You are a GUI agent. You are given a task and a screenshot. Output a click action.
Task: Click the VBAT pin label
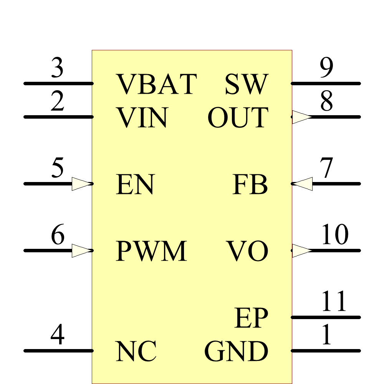click(x=156, y=84)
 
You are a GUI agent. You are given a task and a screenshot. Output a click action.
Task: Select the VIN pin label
click(x=142, y=118)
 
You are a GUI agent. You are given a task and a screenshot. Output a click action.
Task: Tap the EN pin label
click(x=135, y=185)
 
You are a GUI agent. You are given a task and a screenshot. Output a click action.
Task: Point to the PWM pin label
click(x=151, y=251)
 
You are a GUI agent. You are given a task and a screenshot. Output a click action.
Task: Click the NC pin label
click(x=136, y=351)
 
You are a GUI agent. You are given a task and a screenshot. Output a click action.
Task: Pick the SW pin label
click(x=246, y=84)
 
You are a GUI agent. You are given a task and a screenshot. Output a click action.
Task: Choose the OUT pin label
click(x=238, y=118)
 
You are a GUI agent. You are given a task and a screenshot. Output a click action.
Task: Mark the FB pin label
click(x=250, y=185)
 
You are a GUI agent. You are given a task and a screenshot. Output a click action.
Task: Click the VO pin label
click(x=247, y=251)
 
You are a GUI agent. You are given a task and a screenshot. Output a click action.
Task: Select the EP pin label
click(x=251, y=318)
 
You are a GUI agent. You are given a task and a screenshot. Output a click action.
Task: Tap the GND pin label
click(x=236, y=351)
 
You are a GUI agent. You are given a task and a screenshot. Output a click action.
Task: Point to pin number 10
click(x=334, y=235)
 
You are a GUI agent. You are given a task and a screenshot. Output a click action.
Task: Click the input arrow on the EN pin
click(x=82, y=184)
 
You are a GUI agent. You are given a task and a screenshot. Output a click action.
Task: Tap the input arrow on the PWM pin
click(x=82, y=251)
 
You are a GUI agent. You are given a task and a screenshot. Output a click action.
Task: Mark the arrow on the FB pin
click(x=302, y=184)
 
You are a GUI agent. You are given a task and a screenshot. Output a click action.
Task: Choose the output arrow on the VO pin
click(x=302, y=251)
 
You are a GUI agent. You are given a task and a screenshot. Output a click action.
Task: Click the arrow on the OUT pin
click(x=302, y=117)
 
